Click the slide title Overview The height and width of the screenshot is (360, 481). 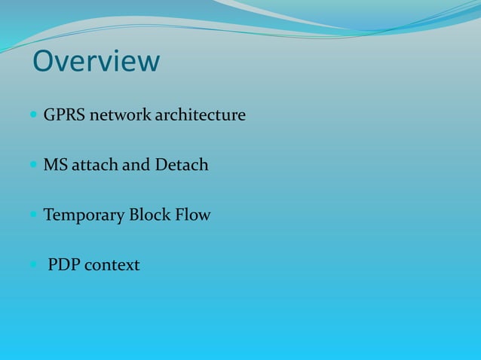click(x=96, y=62)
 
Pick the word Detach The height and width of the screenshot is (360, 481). click(x=182, y=164)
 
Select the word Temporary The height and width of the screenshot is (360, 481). click(x=84, y=215)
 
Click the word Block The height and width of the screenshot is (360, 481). click(x=149, y=215)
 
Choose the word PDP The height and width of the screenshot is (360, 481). click(x=64, y=265)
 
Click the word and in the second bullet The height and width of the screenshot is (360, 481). click(x=136, y=164)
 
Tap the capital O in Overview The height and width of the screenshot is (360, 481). click(x=44, y=62)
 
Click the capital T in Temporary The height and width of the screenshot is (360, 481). click(x=49, y=215)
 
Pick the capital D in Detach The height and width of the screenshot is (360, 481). click(x=161, y=164)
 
